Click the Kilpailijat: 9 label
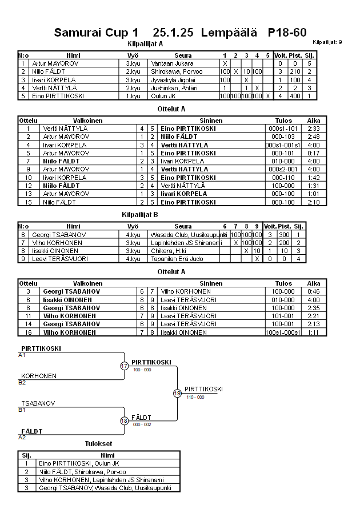click(x=327, y=42)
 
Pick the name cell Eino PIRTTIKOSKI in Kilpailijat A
click(x=58, y=96)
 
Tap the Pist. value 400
click(x=296, y=96)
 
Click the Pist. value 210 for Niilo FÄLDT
click(x=296, y=71)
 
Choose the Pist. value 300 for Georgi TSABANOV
click(x=296, y=235)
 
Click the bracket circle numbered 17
click(x=125, y=366)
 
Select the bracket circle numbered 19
click(x=177, y=393)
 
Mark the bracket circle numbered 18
click(x=125, y=421)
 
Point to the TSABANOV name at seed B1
click(x=38, y=403)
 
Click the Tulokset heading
click(x=98, y=444)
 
